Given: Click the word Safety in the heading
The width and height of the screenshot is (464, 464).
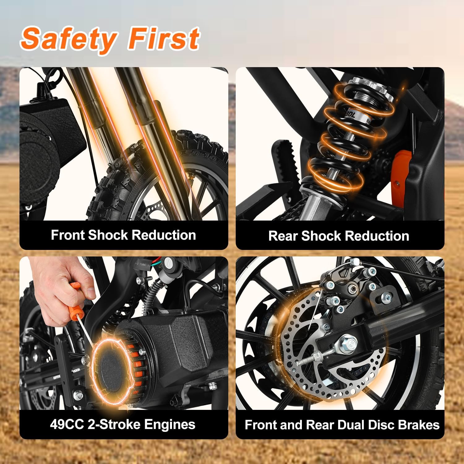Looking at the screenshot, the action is click(x=69, y=39).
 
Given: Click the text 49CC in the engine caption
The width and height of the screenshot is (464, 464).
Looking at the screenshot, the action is click(x=67, y=424).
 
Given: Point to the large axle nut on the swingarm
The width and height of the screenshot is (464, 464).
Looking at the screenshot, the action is click(x=348, y=344).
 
